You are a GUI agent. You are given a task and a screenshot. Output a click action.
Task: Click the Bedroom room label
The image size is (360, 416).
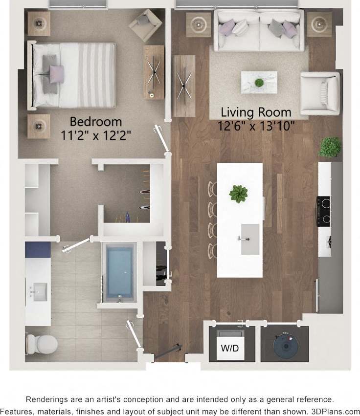point(95,121)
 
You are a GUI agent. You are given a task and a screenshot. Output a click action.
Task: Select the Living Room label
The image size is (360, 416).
point(256,112)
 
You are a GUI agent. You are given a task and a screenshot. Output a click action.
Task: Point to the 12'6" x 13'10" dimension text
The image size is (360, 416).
point(256,126)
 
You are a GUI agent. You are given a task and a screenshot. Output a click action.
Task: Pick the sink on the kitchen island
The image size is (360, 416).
point(250,239)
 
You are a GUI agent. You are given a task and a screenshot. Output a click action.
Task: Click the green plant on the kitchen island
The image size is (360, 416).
point(239,194)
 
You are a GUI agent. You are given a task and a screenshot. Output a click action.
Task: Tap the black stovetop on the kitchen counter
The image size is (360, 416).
point(324,211)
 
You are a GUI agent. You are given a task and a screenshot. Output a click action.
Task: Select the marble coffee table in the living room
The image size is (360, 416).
point(259,82)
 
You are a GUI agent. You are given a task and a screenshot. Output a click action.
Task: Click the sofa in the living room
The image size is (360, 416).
point(258,30)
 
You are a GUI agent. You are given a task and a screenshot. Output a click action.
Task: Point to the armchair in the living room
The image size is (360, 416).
point(320,93)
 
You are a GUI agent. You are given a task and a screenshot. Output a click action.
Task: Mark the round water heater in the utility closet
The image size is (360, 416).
point(285,345)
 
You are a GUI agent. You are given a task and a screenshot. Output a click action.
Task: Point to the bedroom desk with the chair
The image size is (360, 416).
point(154,72)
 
